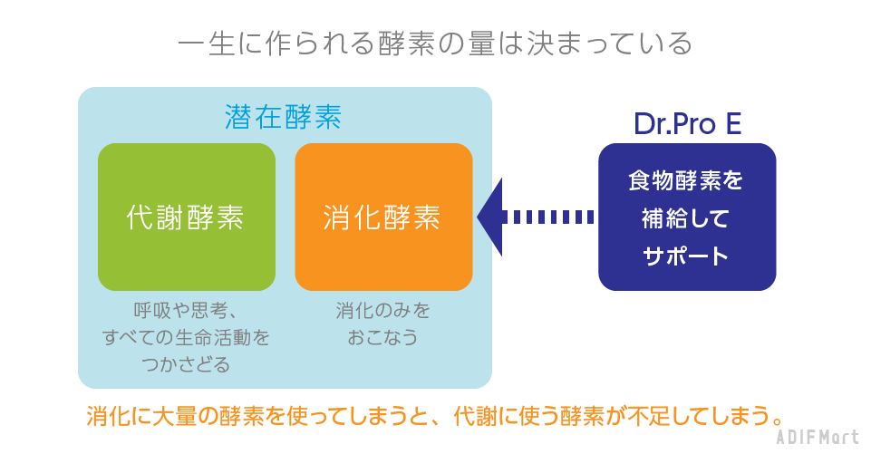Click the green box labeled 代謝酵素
pyautogui.click(x=186, y=217)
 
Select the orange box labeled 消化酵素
pyautogui.click(x=383, y=217)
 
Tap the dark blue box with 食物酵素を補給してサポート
pyautogui.click(x=686, y=217)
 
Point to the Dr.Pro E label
pyautogui.click(x=687, y=124)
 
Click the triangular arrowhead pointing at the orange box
pyautogui.click(x=489, y=217)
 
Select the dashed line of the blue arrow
pyautogui.click(x=549, y=217)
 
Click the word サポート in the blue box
pyautogui.click(x=686, y=256)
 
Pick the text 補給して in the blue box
pyautogui.click(x=686, y=218)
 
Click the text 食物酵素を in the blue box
pyautogui.click(x=686, y=180)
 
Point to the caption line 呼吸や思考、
pyautogui.click(x=186, y=311)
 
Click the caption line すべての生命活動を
pyautogui.click(x=186, y=338)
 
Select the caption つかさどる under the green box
pyautogui.click(x=186, y=365)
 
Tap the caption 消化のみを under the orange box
pyautogui.click(x=383, y=311)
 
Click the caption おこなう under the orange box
pyautogui.click(x=383, y=338)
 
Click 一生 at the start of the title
pyautogui.click(x=207, y=43)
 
